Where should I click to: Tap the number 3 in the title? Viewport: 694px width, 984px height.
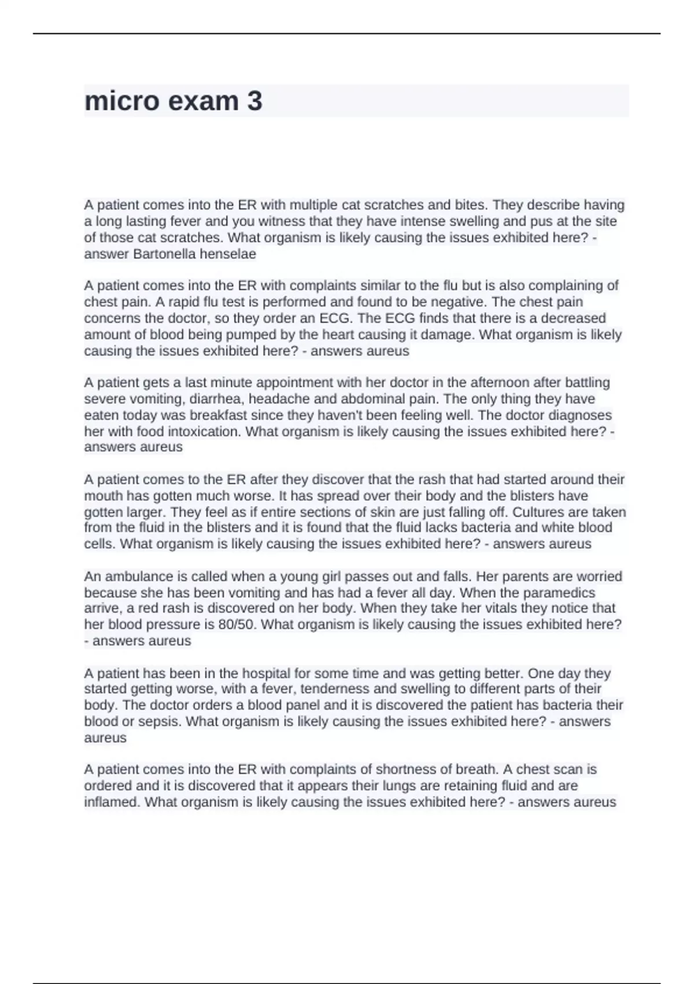pos(254,101)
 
